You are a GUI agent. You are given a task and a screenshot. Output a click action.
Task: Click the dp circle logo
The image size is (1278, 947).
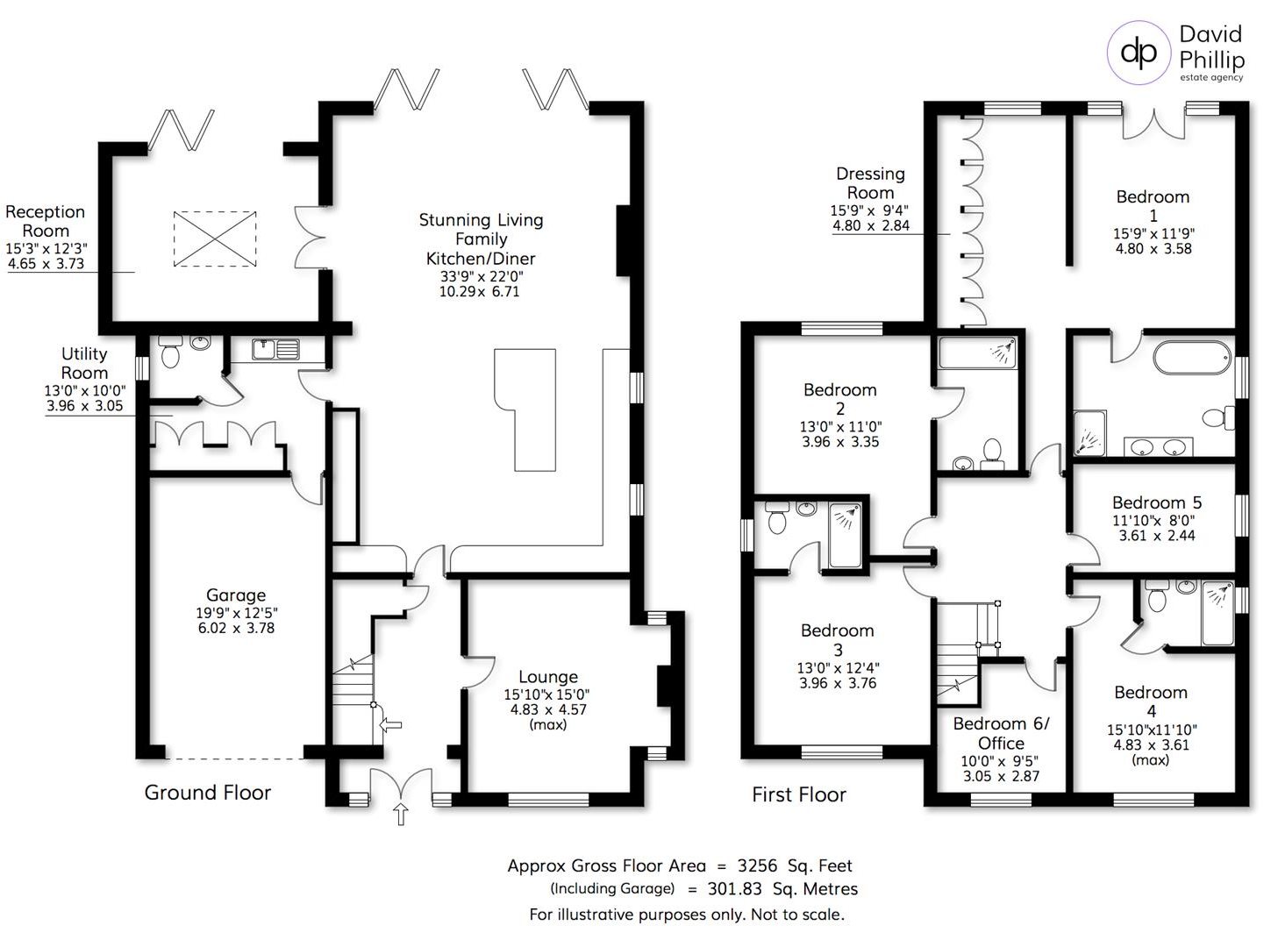coord(1139,52)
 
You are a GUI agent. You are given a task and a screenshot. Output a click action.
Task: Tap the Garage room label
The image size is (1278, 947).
coord(235,595)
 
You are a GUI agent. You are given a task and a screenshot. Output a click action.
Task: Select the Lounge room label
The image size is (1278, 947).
coord(547,677)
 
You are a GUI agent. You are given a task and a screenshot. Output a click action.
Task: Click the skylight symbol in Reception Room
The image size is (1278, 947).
coord(215,238)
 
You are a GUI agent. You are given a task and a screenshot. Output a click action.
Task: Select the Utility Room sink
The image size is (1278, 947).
coord(275,349)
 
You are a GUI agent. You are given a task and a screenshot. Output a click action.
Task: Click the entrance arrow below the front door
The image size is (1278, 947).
coord(401,814)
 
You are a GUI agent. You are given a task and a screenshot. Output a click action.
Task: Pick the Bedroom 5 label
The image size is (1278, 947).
coord(1156,502)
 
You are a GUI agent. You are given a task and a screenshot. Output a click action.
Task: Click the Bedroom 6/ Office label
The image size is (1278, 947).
coord(1001,733)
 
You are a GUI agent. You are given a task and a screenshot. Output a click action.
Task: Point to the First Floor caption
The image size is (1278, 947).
coord(798,794)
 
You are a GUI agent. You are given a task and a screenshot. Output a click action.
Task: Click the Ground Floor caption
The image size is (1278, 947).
coord(207,793)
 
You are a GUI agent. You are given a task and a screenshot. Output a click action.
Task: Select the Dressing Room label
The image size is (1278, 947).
coord(870,183)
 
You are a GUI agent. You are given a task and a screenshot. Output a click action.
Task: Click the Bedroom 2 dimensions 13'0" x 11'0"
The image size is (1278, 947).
coord(839,427)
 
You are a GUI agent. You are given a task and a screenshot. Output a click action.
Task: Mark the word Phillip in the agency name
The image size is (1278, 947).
coord(1211,60)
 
